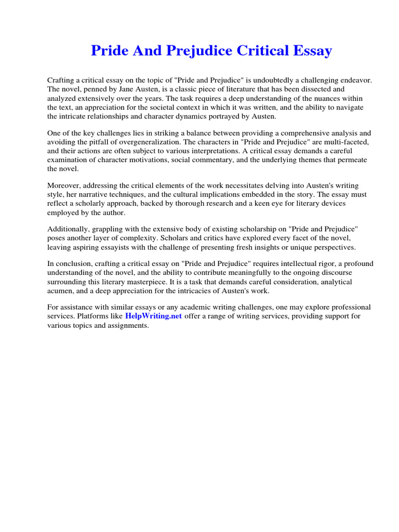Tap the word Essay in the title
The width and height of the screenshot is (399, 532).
tap(311, 51)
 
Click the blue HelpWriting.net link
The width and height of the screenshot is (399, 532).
tap(153, 316)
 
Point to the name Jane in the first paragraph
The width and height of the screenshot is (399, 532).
tap(128, 89)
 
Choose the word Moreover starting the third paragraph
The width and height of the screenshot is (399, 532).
tap(64, 185)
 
